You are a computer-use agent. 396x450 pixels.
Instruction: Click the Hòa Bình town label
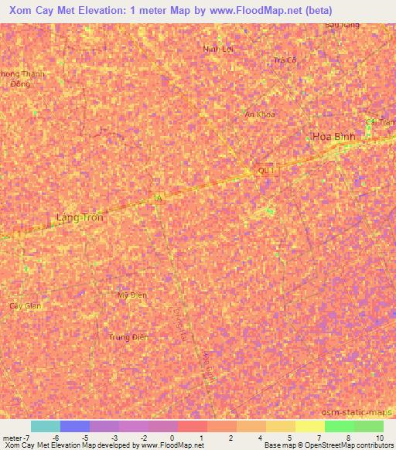click(334, 136)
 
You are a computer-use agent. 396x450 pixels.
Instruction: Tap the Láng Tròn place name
click(80, 218)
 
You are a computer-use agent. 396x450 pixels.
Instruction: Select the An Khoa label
click(259, 114)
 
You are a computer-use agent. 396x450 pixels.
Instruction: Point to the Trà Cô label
click(285, 60)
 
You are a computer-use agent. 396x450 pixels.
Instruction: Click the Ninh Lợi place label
click(218, 49)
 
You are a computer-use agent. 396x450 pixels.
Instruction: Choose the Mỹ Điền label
click(131, 295)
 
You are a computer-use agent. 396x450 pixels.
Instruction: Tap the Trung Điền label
click(128, 337)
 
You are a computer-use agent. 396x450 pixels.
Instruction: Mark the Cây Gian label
click(25, 306)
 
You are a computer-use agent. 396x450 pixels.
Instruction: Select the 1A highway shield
click(159, 199)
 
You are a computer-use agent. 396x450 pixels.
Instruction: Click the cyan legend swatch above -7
click(46, 426)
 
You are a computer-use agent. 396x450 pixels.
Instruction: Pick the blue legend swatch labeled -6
click(75, 426)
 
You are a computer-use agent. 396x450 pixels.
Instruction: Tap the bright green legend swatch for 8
click(340, 426)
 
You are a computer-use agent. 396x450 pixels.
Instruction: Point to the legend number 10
click(379, 438)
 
